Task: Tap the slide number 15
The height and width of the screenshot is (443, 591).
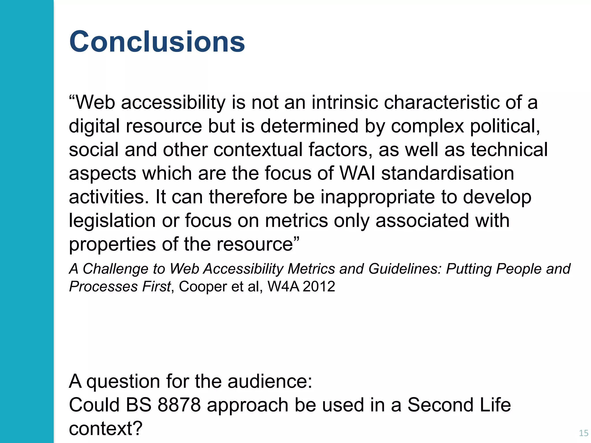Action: tap(583, 433)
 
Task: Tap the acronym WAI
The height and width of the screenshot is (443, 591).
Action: tap(358, 173)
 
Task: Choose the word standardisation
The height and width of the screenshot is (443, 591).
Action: tap(448, 173)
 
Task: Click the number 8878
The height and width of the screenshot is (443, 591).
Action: tap(179, 405)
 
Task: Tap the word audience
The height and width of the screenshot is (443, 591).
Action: tap(270, 381)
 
